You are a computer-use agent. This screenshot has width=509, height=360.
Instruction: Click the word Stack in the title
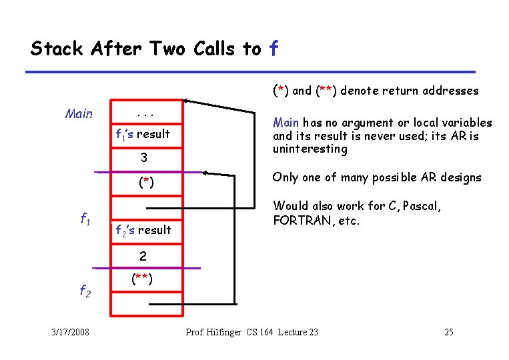coord(57,49)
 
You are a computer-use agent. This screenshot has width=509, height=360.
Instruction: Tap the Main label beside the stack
coord(79,114)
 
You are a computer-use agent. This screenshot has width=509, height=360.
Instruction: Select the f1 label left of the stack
coord(85,219)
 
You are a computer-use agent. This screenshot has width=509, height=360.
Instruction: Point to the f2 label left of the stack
coord(85,290)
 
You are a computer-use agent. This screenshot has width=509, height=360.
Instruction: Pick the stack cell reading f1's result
coord(143,133)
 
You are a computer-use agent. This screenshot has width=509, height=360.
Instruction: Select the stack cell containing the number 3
coord(143,158)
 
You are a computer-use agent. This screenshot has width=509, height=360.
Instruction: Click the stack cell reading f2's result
coord(143,230)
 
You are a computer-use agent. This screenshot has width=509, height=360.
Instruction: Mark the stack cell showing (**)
coord(143,280)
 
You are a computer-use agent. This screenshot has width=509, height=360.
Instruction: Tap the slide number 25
coord(448,332)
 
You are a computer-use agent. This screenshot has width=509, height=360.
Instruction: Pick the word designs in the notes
coord(461,177)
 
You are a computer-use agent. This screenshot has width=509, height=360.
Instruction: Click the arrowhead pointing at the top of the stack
coord(187,101)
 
